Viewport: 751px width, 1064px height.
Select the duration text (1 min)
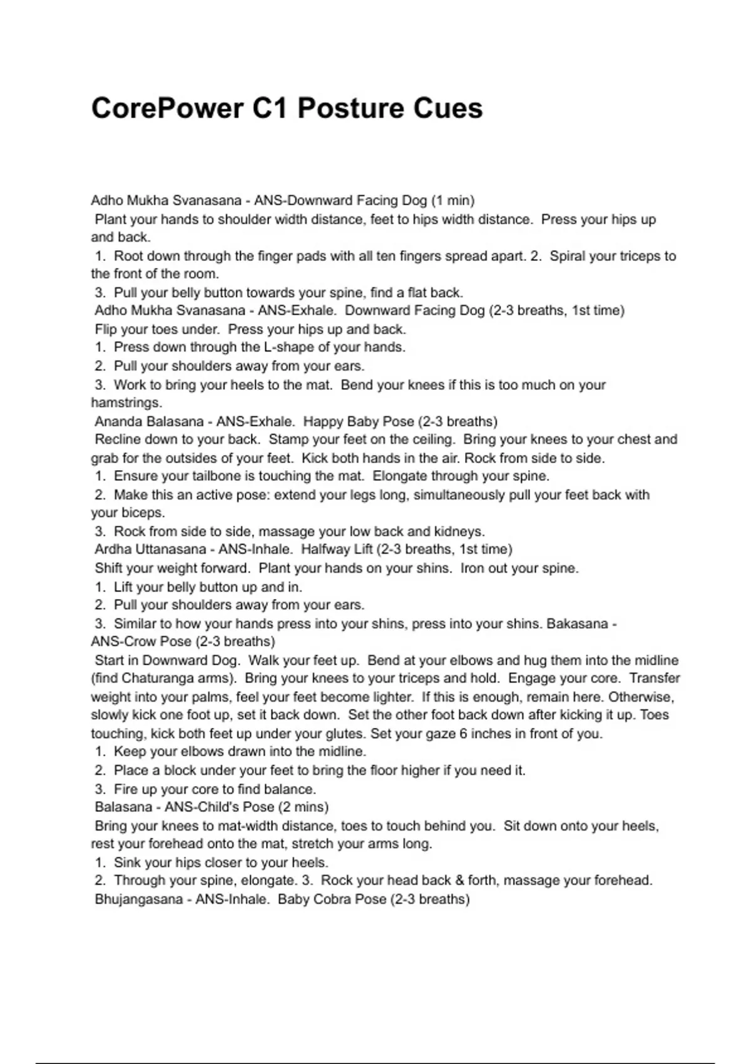coord(452,201)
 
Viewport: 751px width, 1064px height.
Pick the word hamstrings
coord(126,402)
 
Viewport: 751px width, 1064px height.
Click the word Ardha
coord(112,550)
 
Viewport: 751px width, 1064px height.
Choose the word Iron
coord(473,568)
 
